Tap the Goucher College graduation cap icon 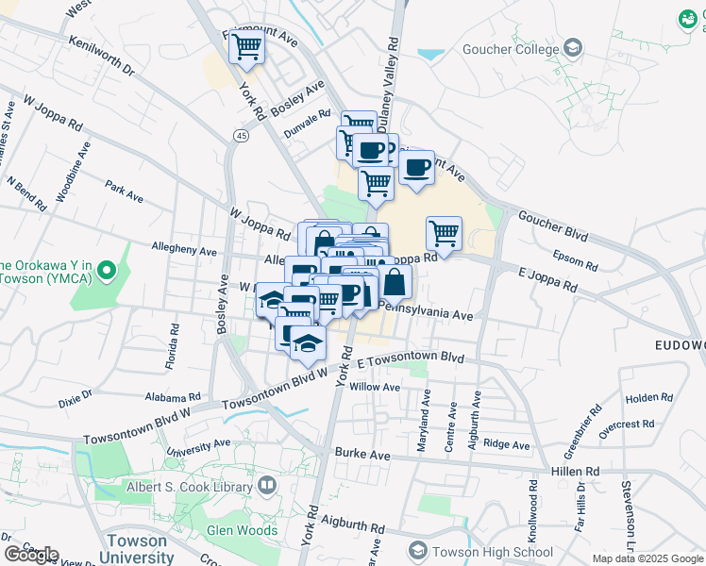(572, 47)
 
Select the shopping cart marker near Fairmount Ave (246, 44)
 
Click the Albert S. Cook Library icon (267, 486)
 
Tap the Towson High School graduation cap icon (417, 550)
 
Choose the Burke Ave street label (362, 454)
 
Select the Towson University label (138, 549)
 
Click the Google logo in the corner (31, 555)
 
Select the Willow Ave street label (375, 387)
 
